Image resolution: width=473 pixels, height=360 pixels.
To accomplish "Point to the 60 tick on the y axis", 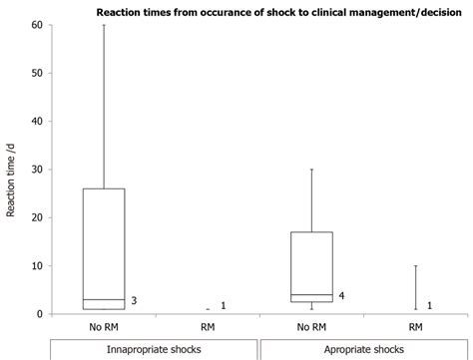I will pyautogui.click(x=37, y=25).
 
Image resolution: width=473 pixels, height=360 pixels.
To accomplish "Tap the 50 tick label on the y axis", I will pyautogui.click(x=37, y=73).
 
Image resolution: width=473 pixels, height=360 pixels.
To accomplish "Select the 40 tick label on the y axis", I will pyautogui.click(x=37, y=122).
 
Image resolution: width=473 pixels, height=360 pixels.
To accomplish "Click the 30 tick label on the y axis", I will pyautogui.click(x=37, y=170).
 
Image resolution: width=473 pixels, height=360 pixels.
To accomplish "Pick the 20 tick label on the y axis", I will pyautogui.click(x=37, y=217).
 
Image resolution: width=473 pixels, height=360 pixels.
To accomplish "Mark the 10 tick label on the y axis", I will pyautogui.click(x=37, y=266).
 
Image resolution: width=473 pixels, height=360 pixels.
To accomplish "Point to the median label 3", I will pyautogui.click(x=134, y=300).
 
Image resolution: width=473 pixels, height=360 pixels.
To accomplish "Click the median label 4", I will pyautogui.click(x=341, y=295).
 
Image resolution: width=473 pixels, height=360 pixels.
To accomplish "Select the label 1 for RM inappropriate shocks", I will pyautogui.click(x=223, y=305).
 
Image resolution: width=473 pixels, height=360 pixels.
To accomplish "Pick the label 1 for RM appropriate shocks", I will pyautogui.click(x=429, y=305).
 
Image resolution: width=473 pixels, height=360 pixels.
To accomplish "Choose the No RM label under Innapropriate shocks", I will pyautogui.click(x=105, y=327).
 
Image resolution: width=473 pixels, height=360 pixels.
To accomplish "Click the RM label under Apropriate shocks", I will pyautogui.click(x=415, y=327).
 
